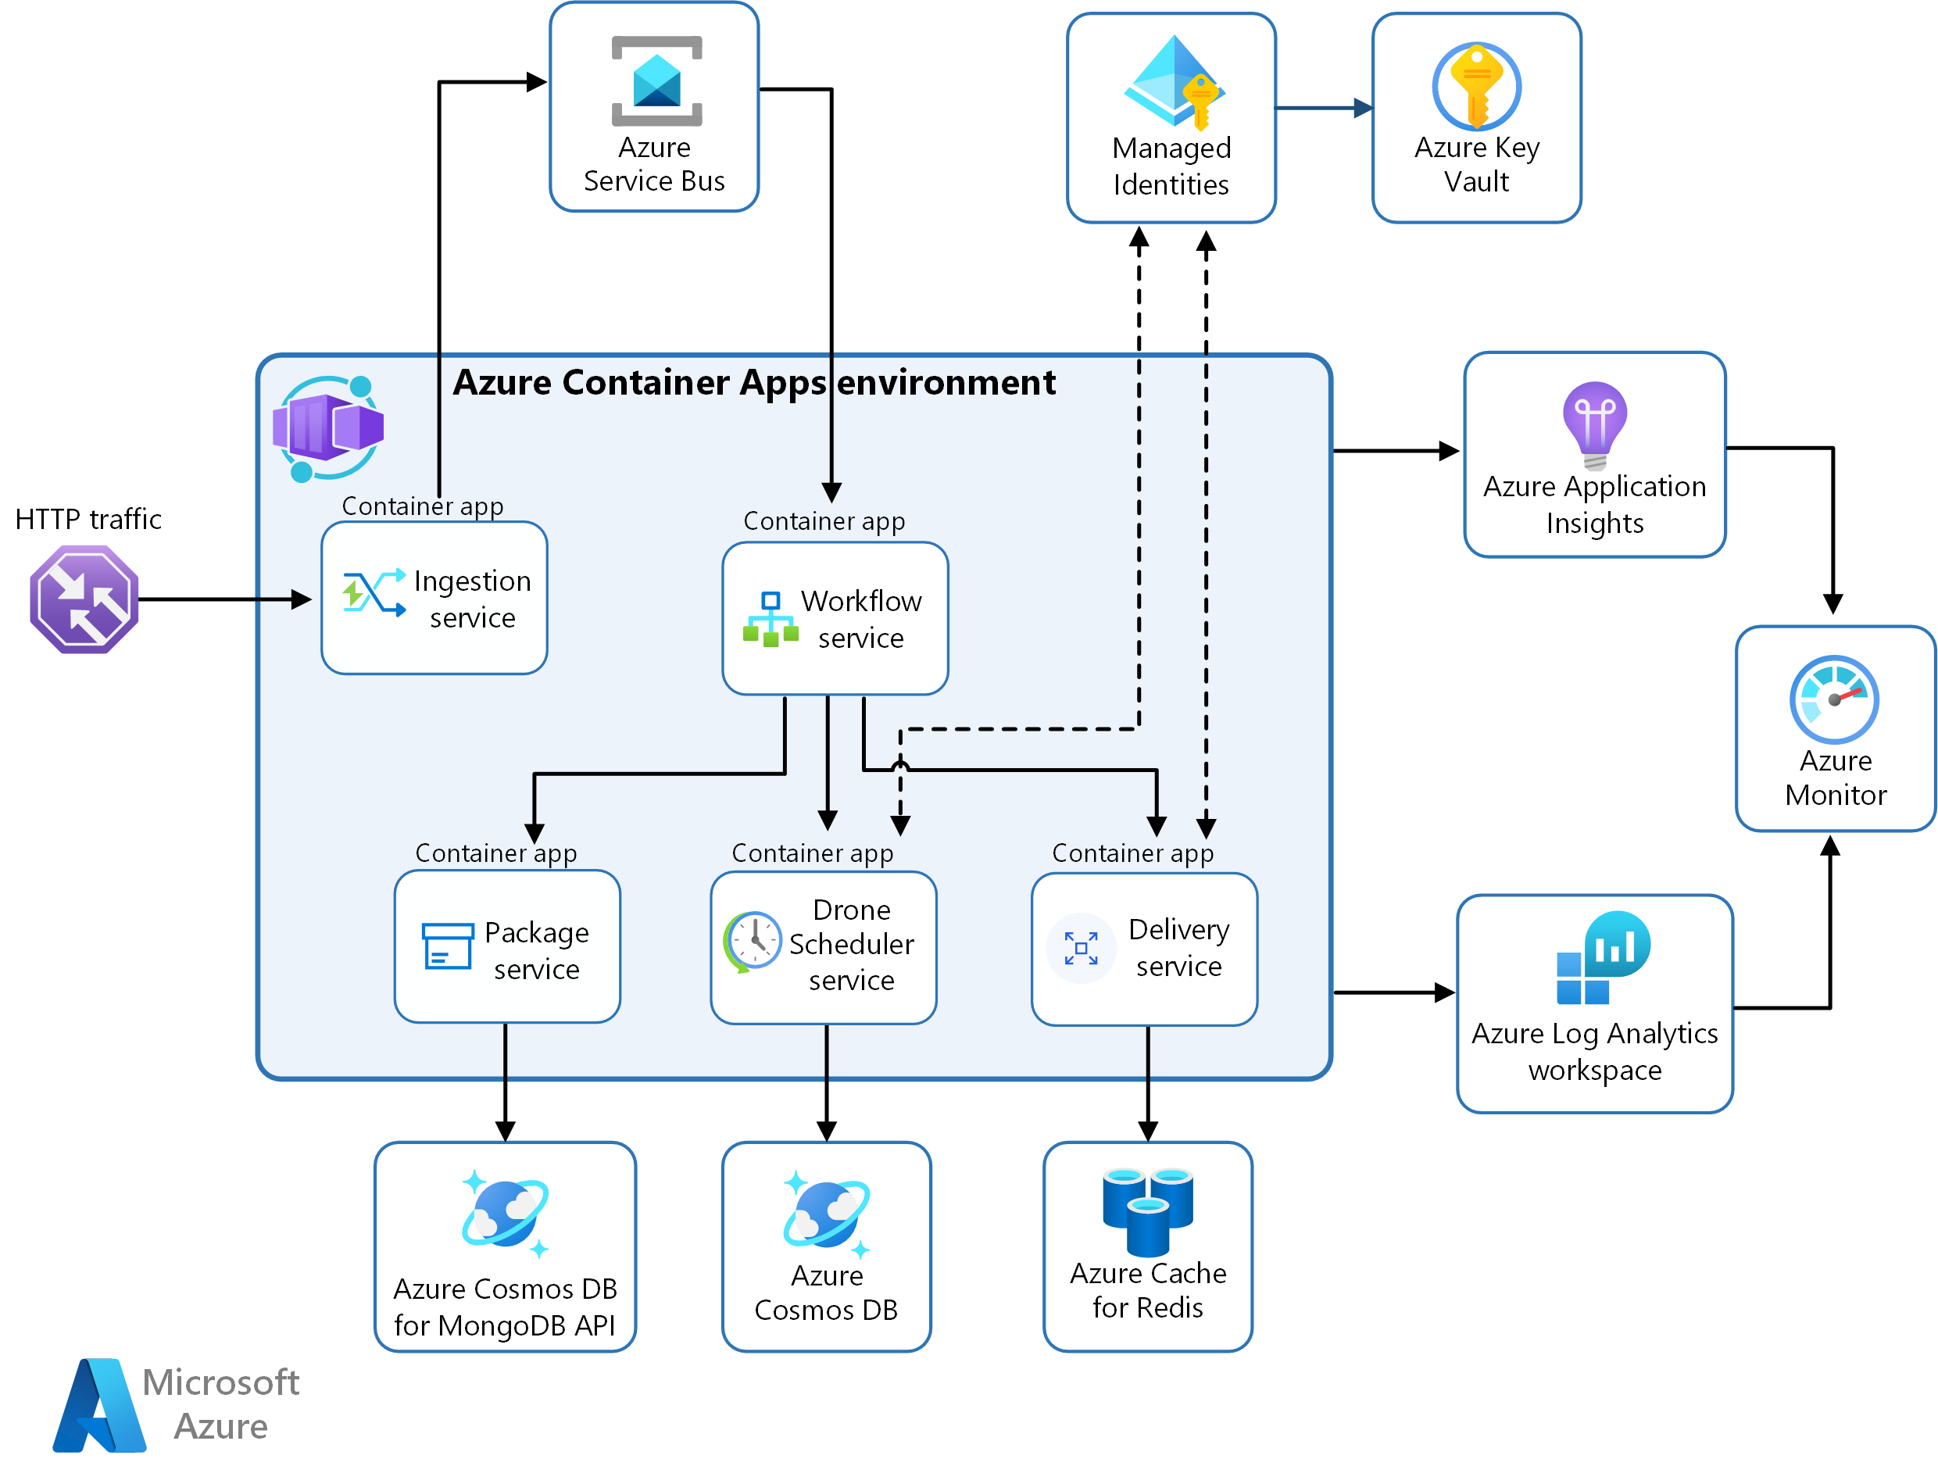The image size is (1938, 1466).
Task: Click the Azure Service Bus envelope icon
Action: click(x=656, y=81)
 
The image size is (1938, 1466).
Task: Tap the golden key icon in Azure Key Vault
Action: click(x=1476, y=86)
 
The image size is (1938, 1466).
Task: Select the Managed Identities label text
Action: click(x=1171, y=166)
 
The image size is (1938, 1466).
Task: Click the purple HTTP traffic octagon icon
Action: click(x=84, y=599)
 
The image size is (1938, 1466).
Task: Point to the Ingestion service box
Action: click(x=434, y=599)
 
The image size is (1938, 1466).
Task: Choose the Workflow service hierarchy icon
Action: click(x=770, y=620)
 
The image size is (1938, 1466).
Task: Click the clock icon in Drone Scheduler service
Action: click(x=753, y=941)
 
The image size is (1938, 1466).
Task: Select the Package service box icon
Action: click(x=447, y=946)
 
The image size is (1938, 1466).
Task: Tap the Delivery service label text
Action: click(x=1178, y=948)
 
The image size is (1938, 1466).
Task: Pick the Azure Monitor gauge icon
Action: click(x=1834, y=699)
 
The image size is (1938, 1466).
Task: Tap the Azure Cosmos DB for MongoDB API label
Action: click(x=505, y=1307)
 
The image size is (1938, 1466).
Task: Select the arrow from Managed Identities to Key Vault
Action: click(x=1323, y=108)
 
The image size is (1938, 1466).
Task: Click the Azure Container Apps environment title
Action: click(x=753, y=383)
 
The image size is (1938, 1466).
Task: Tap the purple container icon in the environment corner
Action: click(x=328, y=428)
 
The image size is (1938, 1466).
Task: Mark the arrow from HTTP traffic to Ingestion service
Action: click(x=223, y=599)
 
